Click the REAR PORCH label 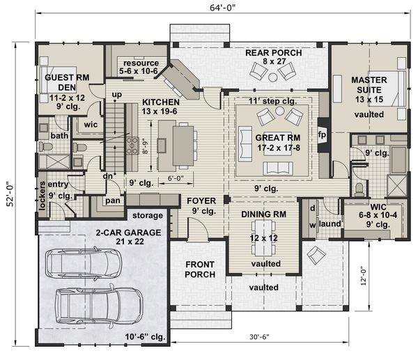pyautogui.click(x=272, y=53)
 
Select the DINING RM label pyautogui.click(x=264, y=215)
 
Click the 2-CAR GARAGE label pyautogui.click(x=100, y=231)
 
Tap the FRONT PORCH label pyautogui.click(x=200, y=269)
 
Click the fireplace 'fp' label pyautogui.click(x=322, y=133)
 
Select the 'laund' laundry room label pyautogui.click(x=329, y=224)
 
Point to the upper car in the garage pyautogui.click(x=83, y=264)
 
